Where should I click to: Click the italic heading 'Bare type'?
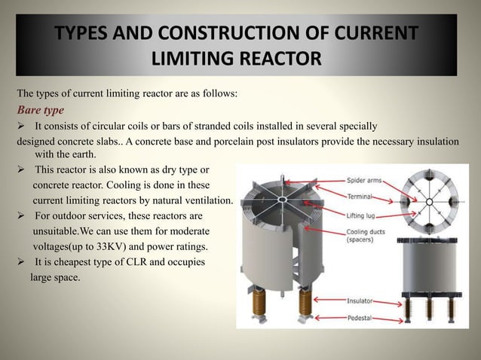[x=41, y=110]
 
